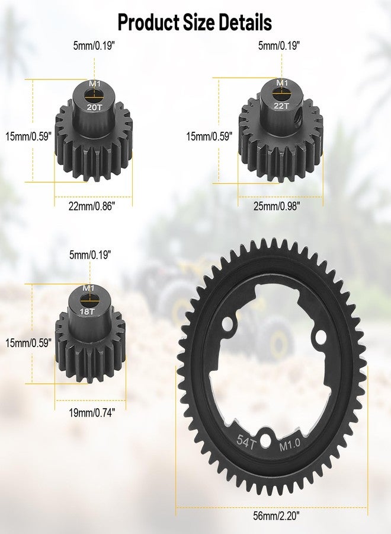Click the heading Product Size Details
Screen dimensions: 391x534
coord(195,23)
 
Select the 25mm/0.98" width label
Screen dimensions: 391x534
coord(277,206)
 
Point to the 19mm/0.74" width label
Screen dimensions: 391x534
coord(92,413)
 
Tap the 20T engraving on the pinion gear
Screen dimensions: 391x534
coord(94,107)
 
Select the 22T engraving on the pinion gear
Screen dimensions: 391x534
coord(281,106)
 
